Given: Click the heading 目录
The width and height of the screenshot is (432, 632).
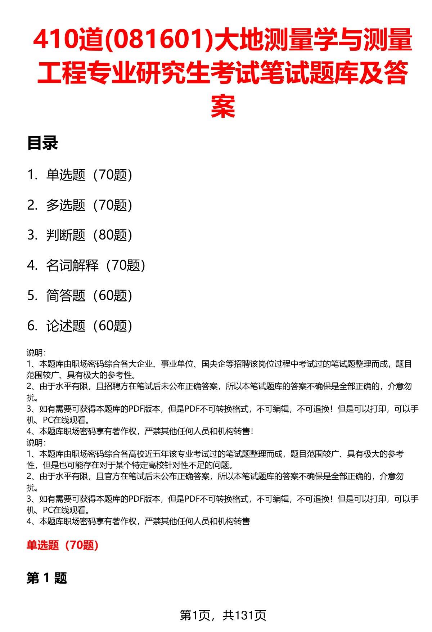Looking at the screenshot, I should (42, 143).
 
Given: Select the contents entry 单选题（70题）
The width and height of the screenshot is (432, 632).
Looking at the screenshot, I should (89, 175).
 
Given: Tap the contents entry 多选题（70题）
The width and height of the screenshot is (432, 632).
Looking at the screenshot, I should (89, 205).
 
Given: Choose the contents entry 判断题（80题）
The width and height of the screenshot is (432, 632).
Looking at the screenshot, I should (89, 236).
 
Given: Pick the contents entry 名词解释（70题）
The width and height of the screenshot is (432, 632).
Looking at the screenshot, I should (95, 266).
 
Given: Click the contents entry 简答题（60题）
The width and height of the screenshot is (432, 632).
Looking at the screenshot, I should (89, 296).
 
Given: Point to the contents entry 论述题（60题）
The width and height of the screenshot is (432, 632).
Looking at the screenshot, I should (89, 326).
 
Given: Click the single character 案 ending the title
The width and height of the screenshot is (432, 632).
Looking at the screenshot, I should (223, 106).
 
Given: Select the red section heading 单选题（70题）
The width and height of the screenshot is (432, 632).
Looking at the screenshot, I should (63, 546).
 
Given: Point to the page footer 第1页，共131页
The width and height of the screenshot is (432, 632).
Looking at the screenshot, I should (223, 615).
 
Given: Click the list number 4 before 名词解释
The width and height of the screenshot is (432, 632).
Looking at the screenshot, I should (31, 266).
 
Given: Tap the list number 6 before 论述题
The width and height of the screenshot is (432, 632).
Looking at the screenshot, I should (31, 326).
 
